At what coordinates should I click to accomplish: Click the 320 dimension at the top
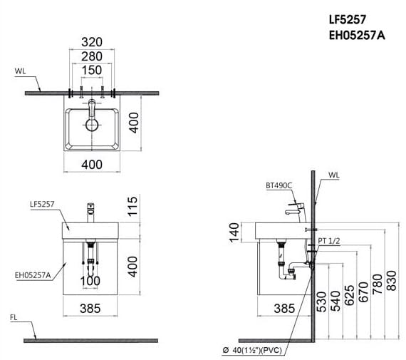click(92, 41)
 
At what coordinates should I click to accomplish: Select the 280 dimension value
click(92, 56)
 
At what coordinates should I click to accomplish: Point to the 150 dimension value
click(92, 70)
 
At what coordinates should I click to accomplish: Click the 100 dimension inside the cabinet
click(91, 281)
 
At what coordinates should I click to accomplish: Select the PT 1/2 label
click(329, 242)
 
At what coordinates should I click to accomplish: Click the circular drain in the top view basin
click(92, 125)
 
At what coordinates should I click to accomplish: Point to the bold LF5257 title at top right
click(347, 20)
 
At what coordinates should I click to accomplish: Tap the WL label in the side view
click(335, 174)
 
